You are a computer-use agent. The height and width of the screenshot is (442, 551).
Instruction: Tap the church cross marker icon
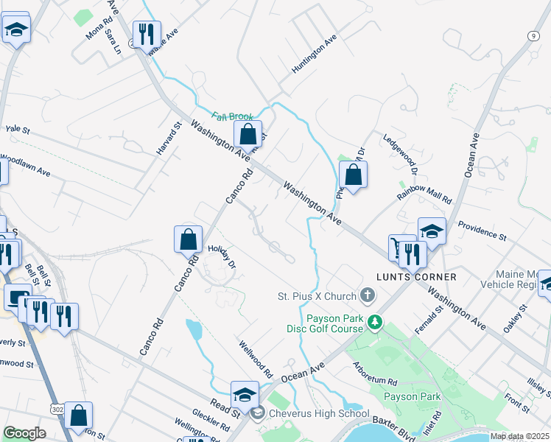[x=367, y=296]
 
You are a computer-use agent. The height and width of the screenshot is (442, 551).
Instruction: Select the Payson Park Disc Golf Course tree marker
[x=376, y=322]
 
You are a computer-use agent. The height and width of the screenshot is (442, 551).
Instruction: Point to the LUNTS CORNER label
[x=417, y=277]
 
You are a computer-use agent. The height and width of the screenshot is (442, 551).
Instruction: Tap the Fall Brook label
[x=233, y=116]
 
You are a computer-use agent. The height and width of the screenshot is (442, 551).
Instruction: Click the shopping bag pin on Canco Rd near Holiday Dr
[x=188, y=239]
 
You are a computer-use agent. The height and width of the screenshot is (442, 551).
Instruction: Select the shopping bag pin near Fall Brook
[x=248, y=134]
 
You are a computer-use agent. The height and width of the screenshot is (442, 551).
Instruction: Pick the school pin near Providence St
[x=432, y=231]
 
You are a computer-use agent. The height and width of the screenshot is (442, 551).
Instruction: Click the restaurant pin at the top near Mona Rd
[x=146, y=33]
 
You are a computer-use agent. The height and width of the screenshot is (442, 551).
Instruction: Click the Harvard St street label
[x=168, y=138]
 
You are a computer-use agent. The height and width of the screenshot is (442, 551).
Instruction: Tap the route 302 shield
[x=57, y=409]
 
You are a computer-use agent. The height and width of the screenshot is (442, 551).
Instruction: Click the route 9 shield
[x=532, y=35]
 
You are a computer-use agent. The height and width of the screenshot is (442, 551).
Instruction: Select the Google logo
[x=25, y=433]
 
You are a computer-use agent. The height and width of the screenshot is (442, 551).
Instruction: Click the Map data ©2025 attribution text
[x=519, y=436]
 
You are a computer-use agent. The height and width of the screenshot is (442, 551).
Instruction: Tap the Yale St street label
[x=17, y=129]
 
